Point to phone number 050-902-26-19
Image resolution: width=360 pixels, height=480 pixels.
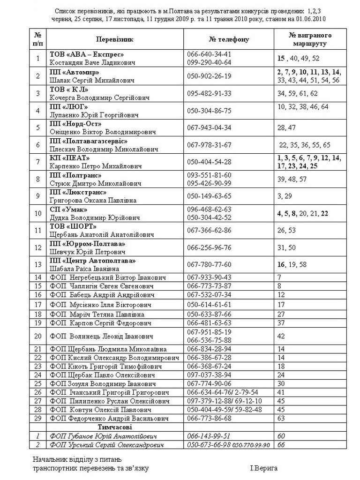click(x=209, y=76)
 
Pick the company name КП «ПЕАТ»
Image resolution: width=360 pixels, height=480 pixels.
click(x=70, y=158)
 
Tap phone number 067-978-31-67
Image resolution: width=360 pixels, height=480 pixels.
click(x=209, y=145)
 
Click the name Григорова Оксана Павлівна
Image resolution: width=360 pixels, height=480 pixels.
click(x=93, y=200)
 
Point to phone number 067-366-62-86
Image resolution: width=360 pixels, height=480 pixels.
click(x=209, y=230)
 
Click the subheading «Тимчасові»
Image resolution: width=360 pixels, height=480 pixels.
click(x=115, y=427)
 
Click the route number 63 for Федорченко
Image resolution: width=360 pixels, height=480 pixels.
click(x=281, y=418)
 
